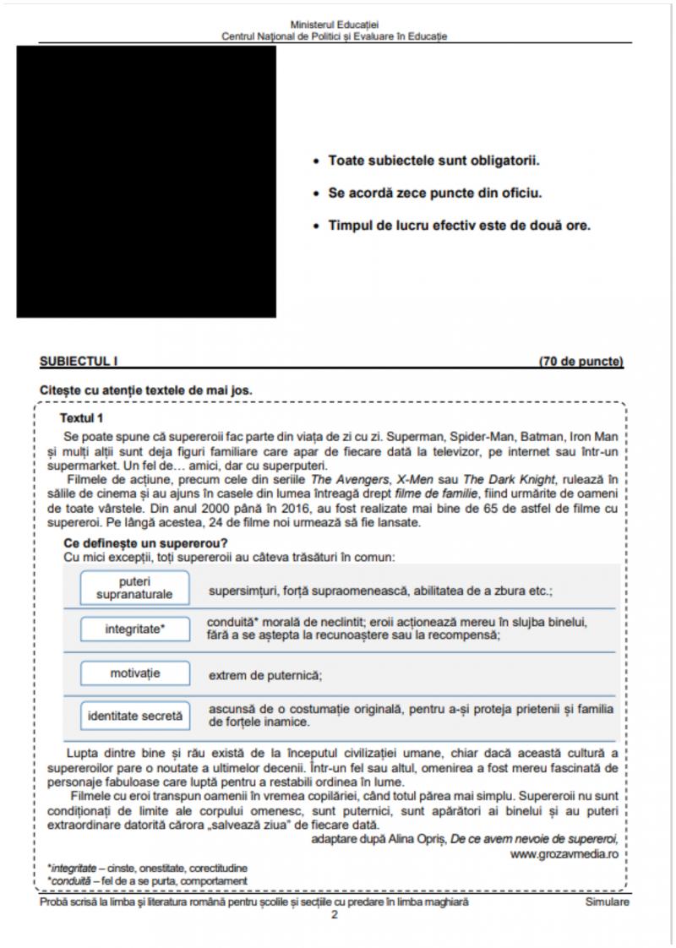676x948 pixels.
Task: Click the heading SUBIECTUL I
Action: pos(79,362)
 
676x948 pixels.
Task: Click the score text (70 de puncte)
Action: pos(581,362)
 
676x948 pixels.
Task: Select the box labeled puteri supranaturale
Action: pos(134,587)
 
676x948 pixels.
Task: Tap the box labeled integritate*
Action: pos(134,629)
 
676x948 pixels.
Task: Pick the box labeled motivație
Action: pos(134,673)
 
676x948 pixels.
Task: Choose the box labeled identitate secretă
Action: pos(134,716)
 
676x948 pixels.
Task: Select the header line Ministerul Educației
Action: pos(334,26)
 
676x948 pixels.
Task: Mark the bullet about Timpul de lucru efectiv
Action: pos(459,226)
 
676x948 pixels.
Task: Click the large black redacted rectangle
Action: pos(146,182)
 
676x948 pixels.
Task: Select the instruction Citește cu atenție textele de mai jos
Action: pos(145,390)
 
